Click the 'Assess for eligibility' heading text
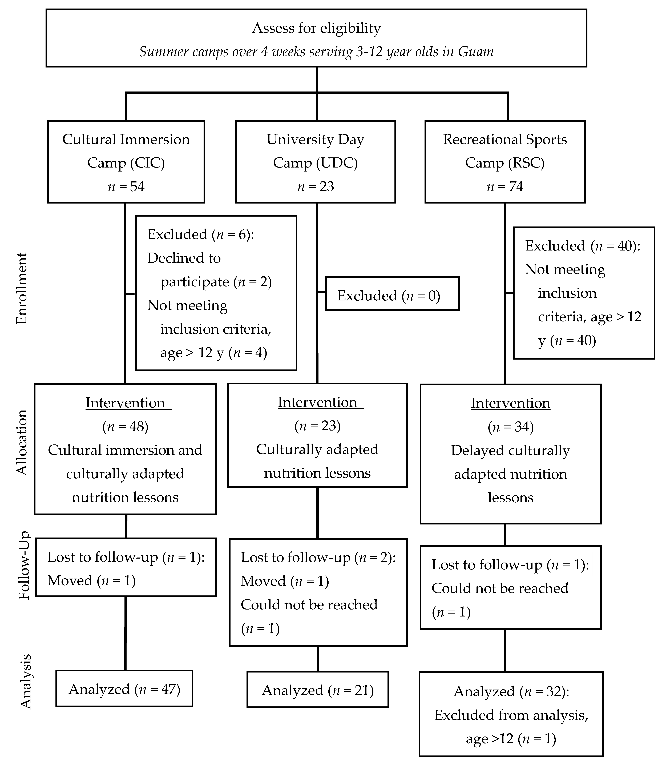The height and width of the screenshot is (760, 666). click(316, 28)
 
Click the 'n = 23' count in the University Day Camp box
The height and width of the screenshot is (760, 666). click(316, 186)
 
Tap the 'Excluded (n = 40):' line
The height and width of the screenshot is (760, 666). click(582, 246)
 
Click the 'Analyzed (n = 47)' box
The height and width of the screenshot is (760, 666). click(124, 689)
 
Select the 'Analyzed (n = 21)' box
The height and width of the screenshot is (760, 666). click(318, 690)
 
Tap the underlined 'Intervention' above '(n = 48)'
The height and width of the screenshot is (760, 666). click(125, 403)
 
